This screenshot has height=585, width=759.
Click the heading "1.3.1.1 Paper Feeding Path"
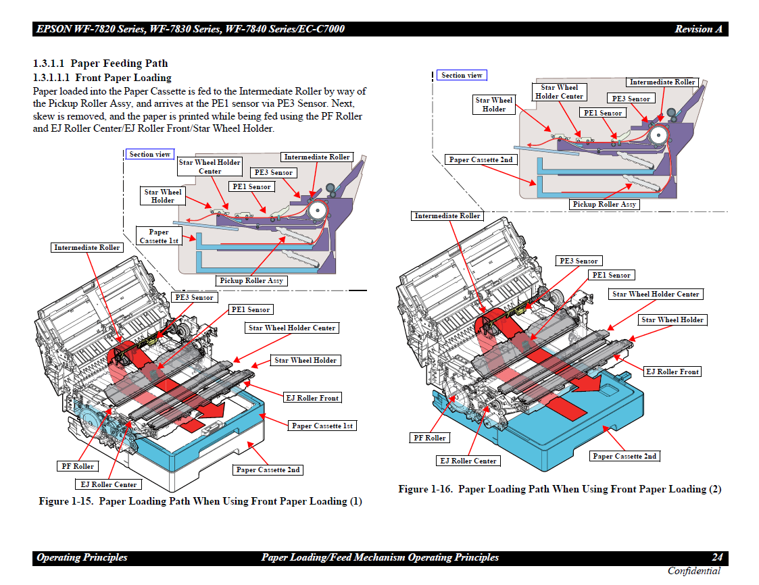point(101,63)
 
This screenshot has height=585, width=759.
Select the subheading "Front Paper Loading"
point(123,78)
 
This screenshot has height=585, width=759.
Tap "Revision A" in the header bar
point(698,29)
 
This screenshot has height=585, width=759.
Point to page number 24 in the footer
point(717,557)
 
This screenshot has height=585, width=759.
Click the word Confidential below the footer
point(693,571)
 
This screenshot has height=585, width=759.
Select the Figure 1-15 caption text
point(200,501)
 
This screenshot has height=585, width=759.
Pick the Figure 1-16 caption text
point(560,489)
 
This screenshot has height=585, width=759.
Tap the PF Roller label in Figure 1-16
point(430,438)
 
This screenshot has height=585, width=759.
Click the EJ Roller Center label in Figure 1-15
point(107,484)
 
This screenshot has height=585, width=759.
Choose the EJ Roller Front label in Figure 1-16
point(672,372)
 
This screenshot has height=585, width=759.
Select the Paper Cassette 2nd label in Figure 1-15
point(268,469)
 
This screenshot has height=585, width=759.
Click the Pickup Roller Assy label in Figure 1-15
point(251,280)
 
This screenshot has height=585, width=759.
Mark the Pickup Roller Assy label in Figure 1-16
point(604,204)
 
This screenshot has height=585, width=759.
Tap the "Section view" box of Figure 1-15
point(149,154)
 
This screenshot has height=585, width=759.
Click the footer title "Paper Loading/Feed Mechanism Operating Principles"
point(380,557)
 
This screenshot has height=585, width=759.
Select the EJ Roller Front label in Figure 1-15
point(312,398)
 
